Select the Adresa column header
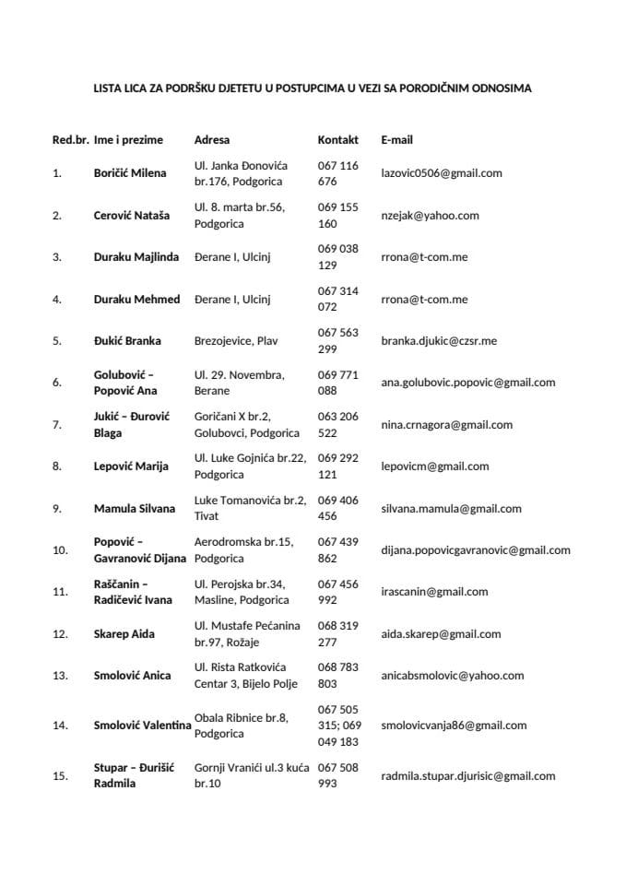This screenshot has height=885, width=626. [212, 140]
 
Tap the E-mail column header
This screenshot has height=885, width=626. [396, 140]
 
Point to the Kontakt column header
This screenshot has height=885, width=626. [337, 140]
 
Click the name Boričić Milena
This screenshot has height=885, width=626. [131, 173]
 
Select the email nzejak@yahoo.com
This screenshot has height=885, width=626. [430, 216]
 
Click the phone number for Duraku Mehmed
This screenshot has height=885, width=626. [337, 299]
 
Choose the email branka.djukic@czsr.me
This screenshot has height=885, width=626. [439, 341]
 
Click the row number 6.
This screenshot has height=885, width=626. [57, 383]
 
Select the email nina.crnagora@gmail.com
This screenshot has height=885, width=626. [447, 425]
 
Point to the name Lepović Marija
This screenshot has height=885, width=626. [131, 466]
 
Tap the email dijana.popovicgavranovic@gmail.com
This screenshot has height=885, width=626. [476, 550]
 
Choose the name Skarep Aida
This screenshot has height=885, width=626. [124, 634]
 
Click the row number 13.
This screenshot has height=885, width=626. [60, 676]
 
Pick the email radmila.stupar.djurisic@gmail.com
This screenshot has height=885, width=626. [468, 776]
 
